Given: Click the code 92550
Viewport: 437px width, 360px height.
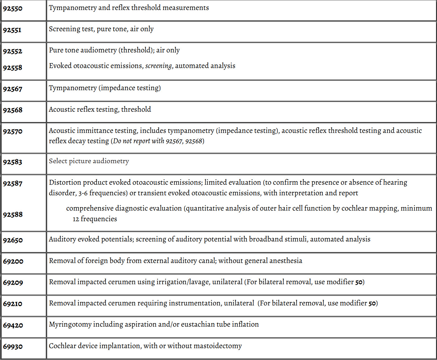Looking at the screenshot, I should [13, 8].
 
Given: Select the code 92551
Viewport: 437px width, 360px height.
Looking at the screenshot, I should [12, 30].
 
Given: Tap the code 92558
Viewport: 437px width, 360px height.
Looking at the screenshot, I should [13, 68].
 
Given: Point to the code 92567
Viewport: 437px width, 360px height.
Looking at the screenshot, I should [13, 89].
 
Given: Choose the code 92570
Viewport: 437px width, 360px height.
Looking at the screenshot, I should [13, 131].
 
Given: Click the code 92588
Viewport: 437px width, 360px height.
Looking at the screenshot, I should [13, 215].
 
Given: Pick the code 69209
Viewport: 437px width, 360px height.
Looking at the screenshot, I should [13, 283].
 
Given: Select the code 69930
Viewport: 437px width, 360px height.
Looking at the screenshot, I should [13, 347].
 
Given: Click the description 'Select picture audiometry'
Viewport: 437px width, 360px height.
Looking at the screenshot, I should [89, 161].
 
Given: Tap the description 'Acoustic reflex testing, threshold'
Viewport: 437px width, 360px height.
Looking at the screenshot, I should [100, 109].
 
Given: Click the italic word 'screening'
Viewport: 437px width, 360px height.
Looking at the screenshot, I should [158, 66].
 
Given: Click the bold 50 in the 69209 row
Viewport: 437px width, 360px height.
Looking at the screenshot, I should [359, 282].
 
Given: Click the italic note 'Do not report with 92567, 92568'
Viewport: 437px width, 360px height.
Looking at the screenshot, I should [158, 141].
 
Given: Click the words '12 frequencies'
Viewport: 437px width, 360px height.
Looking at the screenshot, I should [95, 219].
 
